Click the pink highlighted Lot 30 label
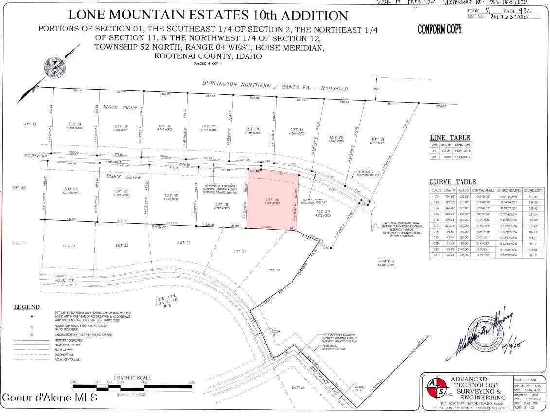272,199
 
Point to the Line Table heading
450,138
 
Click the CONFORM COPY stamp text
439,30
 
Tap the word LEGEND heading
26,307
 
